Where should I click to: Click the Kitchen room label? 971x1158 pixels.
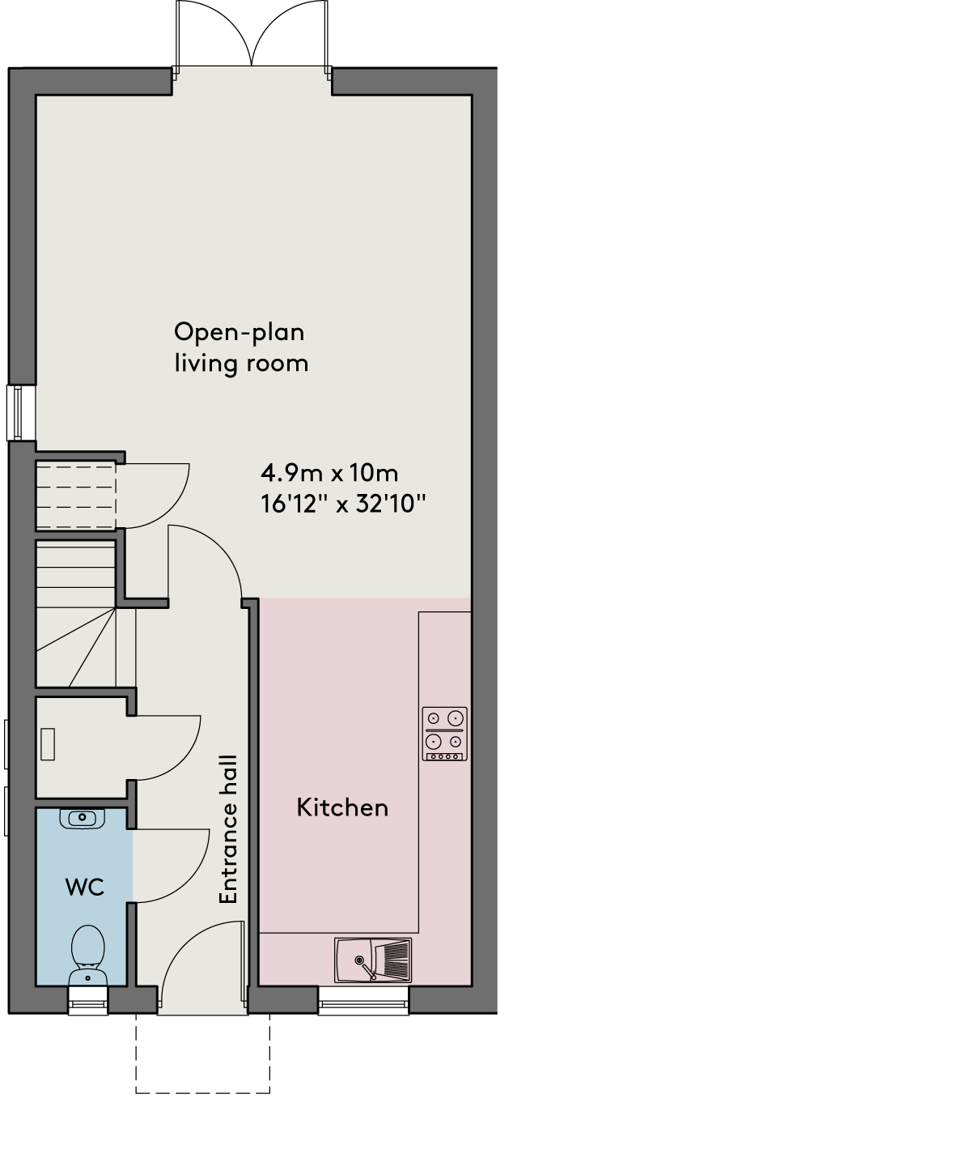tap(342, 807)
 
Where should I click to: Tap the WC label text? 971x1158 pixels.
tap(85, 888)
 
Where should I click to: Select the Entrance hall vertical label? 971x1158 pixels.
tap(228, 829)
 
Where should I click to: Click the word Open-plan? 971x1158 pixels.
tap(240, 333)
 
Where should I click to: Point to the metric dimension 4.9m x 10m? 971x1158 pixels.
tap(329, 473)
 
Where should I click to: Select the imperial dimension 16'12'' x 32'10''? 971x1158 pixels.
tap(343, 504)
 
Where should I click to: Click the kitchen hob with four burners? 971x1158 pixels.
tap(444, 734)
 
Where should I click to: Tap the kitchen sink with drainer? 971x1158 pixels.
tap(373, 960)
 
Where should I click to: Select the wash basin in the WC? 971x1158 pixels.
tap(82, 819)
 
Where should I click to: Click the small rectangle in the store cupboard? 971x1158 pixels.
tap(48, 743)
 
